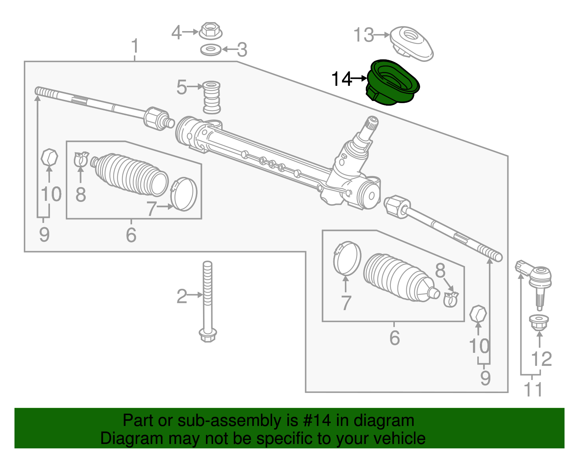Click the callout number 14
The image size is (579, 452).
(342, 79)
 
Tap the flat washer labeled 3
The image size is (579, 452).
(211, 50)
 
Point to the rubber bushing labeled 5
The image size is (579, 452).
(212, 97)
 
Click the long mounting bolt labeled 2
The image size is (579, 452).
(208, 300)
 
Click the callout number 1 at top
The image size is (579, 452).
(135, 46)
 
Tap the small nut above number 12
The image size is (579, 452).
(539, 322)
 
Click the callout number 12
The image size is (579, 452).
(541, 359)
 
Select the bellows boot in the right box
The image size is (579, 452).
(398, 278)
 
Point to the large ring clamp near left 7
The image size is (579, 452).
(184, 194)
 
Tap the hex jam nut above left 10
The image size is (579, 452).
(49, 157)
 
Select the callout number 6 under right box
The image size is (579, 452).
(394, 338)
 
